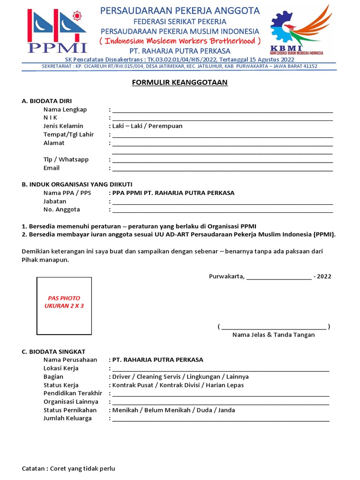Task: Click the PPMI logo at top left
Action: (x=57, y=30)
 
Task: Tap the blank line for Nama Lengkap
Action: (x=222, y=110)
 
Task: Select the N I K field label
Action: (x=50, y=118)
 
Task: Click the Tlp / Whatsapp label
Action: (x=66, y=160)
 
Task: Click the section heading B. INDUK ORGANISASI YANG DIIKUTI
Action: (x=80, y=184)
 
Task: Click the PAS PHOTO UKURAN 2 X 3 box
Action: (x=64, y=306)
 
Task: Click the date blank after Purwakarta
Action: (x=278, y=277)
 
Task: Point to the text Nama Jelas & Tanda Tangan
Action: (x=274, y=335)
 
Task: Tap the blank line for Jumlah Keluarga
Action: (x=220, y=419)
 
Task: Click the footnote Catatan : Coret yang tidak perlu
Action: (x=68, y=469)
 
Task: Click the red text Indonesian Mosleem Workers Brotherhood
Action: (x=180, y=40)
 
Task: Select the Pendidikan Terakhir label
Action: (x=73, y=393)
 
